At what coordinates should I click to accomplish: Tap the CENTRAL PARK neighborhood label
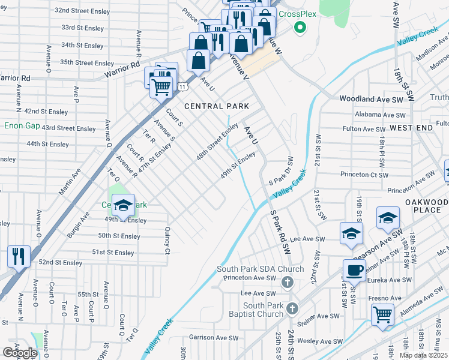pos(217,106)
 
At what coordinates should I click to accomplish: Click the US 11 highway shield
pos(181,87)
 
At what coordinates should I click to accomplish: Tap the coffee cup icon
pos(354,270)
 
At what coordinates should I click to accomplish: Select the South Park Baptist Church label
pos(255,310)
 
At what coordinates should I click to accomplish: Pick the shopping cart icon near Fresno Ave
pos(382,314)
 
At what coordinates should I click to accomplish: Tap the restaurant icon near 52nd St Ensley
pos(19,256)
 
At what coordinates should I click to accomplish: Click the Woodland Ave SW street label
pos(372,98)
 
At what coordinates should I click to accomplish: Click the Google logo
pos(20,353)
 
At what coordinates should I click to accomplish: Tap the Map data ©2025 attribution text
pos(424,355)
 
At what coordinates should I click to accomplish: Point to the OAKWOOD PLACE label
pos(426,206)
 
